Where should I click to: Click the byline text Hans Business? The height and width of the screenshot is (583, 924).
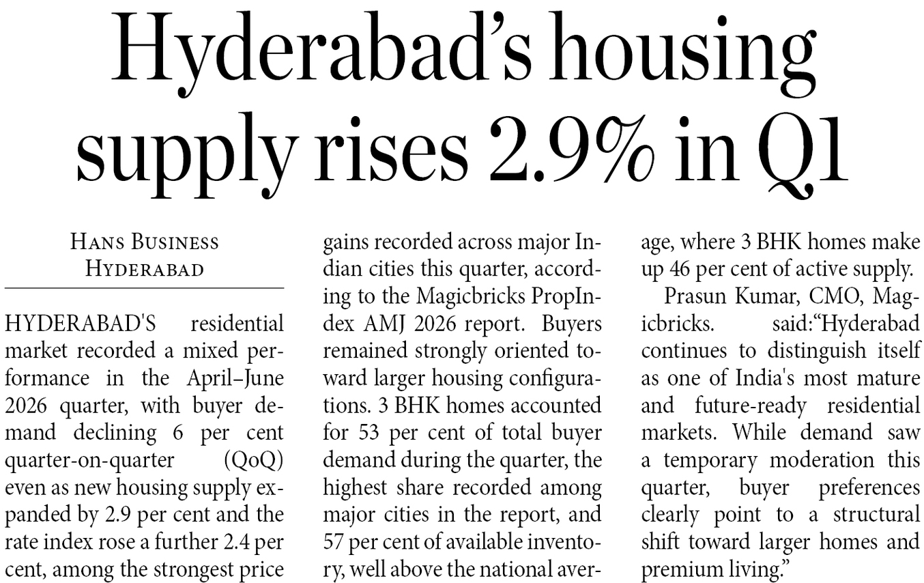coord(145,242)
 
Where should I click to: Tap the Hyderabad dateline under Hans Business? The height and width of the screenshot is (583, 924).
coord(145,270)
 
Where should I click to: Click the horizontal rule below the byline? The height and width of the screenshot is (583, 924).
coord(145,288)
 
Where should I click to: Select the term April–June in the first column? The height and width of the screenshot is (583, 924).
coord(235,379)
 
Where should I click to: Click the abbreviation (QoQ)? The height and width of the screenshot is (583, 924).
coord(254,460)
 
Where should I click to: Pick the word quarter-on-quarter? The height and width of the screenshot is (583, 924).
coord(89,461)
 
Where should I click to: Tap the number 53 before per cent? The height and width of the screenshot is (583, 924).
coord(369,433)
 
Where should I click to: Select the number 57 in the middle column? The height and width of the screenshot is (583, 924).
coord(333,542)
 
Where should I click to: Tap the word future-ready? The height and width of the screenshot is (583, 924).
coord(751,406)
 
